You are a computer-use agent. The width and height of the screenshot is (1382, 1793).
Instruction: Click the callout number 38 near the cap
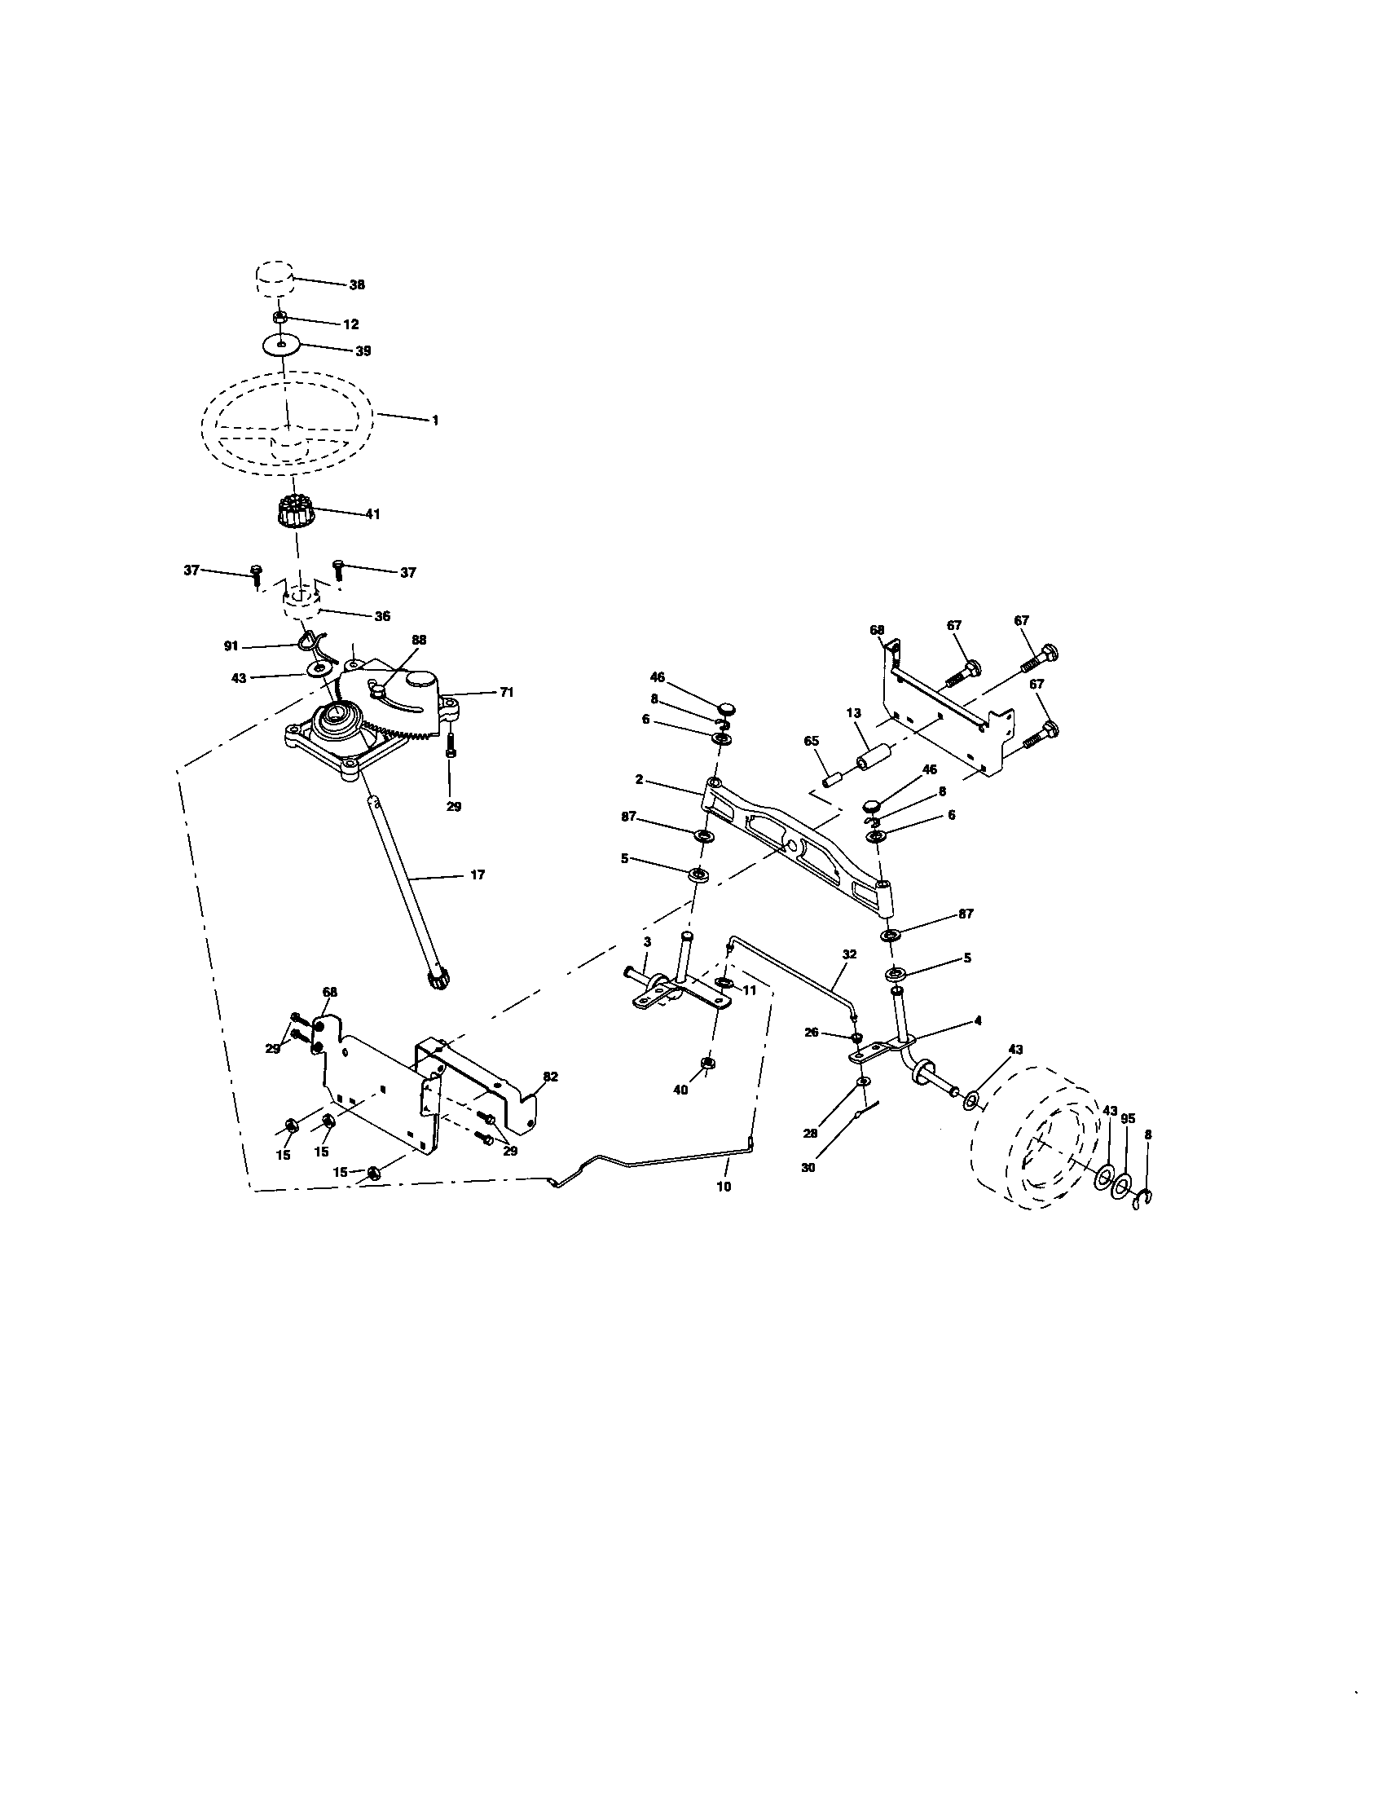point(356,285)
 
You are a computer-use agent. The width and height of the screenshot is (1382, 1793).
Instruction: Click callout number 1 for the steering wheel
point(435,420)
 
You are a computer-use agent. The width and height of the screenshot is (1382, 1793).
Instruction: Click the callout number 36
point(381,615)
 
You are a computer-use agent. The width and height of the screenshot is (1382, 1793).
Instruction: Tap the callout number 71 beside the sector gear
point(506,692)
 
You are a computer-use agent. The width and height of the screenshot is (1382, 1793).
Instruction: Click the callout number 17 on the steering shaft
point(477,874)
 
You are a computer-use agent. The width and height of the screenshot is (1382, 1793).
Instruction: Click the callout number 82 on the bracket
point(550,1077)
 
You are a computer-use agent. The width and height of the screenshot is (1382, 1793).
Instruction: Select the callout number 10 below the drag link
point(723,1186)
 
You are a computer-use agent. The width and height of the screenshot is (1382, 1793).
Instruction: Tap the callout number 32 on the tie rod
point(848,954)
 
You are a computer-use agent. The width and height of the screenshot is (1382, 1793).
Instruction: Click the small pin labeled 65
point(832,777)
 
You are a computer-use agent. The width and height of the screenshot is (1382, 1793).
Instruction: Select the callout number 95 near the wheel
point(1128,1118)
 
